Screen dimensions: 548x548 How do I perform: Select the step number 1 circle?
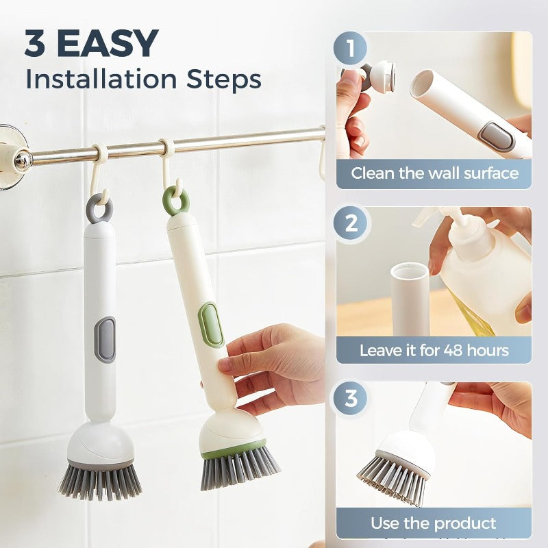click(x=350, y=49)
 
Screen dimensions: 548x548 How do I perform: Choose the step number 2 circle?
click(x=350, y=223)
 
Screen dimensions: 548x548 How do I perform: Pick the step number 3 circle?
click(x=350, y=399)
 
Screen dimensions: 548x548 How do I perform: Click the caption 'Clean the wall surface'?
click(x=434, y=173)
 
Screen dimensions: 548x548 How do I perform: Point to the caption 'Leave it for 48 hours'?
click(x=434, y=351)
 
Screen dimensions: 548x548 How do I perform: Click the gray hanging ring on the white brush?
click(x=99, y=208)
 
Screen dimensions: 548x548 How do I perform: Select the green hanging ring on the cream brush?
click(x=176, y=201)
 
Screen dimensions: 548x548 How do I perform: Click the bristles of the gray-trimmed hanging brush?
click(x=99, y=481)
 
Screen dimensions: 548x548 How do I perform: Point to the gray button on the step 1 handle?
click(x=497, y=135)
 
